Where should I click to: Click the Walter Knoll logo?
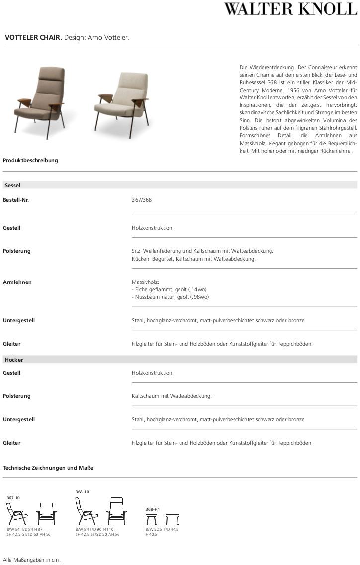[290, 9]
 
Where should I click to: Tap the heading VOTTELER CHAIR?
[33, 37]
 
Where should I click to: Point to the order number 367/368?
[142, 200]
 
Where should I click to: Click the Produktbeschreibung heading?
[30, 160]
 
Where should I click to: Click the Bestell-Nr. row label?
[16, 200]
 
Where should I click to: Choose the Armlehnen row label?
[17, 282]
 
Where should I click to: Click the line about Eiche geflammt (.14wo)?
[169, 289]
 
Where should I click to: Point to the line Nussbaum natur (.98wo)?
[171, 297]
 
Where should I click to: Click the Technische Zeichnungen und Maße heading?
[48, 468]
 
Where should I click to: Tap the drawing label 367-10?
[13, 498]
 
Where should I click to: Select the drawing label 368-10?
[82, 492]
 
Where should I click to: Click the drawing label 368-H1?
[152, 509]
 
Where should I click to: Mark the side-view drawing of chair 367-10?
[16, 513]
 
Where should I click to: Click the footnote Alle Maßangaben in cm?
[31, 560]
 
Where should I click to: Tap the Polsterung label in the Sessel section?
[17, 251]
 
